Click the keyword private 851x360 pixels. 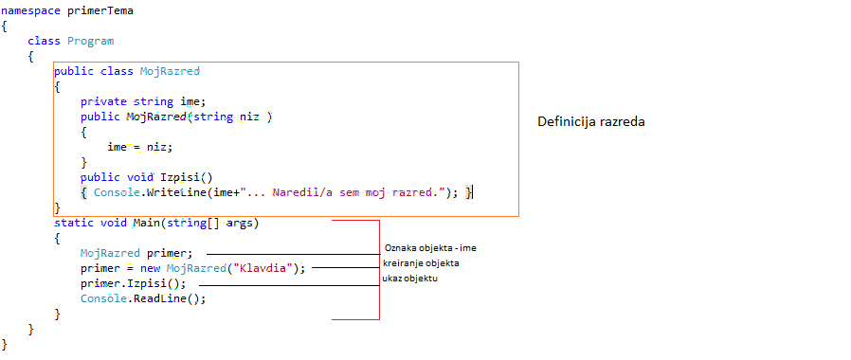click(x=103, y=101)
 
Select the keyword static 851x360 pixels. click(x=73, y=224)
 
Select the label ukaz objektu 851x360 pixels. click(x=410, y=279)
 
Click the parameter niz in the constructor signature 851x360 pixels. click(x=248, y=117)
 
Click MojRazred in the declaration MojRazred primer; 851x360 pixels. click(x=110, y=253)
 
